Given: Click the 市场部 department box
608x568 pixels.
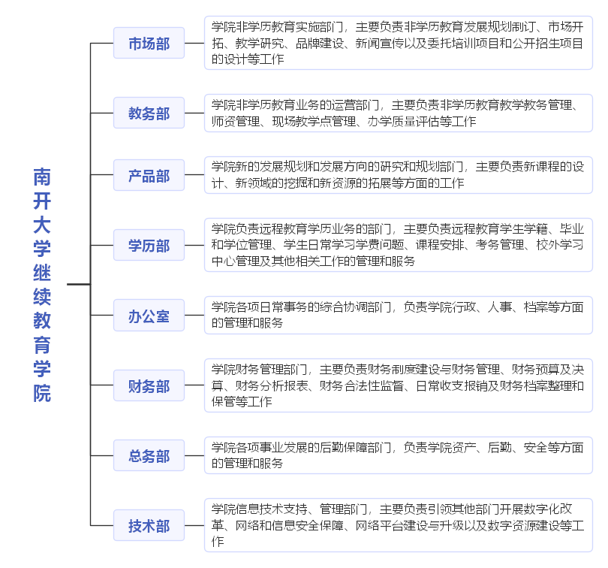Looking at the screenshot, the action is pos(149,43).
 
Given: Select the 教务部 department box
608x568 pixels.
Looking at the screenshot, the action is pos(149,113).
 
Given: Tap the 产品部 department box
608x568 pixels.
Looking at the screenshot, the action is pos(149,175).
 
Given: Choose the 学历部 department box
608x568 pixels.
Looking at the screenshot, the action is pos(149,245).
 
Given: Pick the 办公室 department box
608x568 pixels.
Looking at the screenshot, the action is pos(149,316).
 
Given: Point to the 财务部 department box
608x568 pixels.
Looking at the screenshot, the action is pos(149,385).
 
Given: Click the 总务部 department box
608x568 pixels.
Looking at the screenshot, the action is pos(149,455).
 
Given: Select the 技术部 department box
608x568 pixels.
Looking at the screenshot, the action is pos(149,525).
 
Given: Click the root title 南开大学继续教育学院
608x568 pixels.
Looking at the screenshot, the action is pos(42,285).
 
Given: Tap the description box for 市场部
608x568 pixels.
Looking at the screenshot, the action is pos(399,43).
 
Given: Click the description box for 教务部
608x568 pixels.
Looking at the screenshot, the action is pos(399,113).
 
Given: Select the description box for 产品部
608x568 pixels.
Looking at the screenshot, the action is pos(399,175).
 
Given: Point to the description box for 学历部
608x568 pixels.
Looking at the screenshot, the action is pos(399,245).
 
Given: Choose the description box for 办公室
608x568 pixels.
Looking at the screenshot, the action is pos(399,316).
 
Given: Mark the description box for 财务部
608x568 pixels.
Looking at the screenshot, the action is pos(399,385).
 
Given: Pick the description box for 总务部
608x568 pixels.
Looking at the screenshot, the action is pos(399,455).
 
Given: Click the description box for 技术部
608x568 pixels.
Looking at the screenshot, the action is pos(399,525).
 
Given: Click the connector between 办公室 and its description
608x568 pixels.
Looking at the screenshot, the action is pos(194,316).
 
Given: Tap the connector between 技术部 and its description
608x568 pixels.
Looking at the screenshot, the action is pos(194,525).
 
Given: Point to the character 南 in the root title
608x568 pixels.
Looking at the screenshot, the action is pos(42,177).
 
